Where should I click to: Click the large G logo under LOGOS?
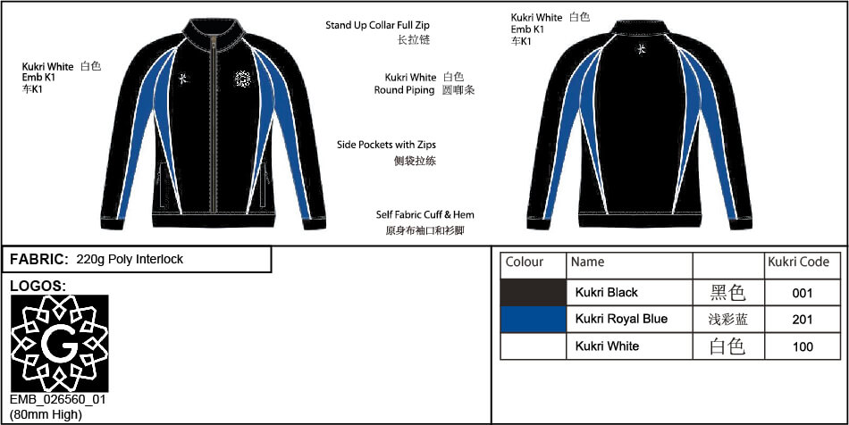coord(60,344)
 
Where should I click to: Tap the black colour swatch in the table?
coord(534,293)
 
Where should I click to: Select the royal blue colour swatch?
coord(534,319)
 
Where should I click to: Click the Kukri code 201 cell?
coord(802,320)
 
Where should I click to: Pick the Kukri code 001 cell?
coord(802,293)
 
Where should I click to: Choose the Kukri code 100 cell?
coord(802,346)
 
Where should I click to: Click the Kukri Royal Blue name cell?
coord(621,319)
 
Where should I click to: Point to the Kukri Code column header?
coord(799,262)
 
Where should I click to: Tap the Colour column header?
coord(524,262)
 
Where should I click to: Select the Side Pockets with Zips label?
coord(386,145)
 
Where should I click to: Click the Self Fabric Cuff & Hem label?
coord(425,214)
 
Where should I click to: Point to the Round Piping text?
coord(404,90)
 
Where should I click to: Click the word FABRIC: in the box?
coord(39,260)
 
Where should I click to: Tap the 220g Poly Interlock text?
coord(130,260)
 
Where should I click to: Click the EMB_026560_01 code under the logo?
coord(58,401)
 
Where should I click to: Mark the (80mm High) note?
coord(46,415)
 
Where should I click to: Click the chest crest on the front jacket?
coord(243,79)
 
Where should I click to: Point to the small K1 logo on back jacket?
coord(641,49)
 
